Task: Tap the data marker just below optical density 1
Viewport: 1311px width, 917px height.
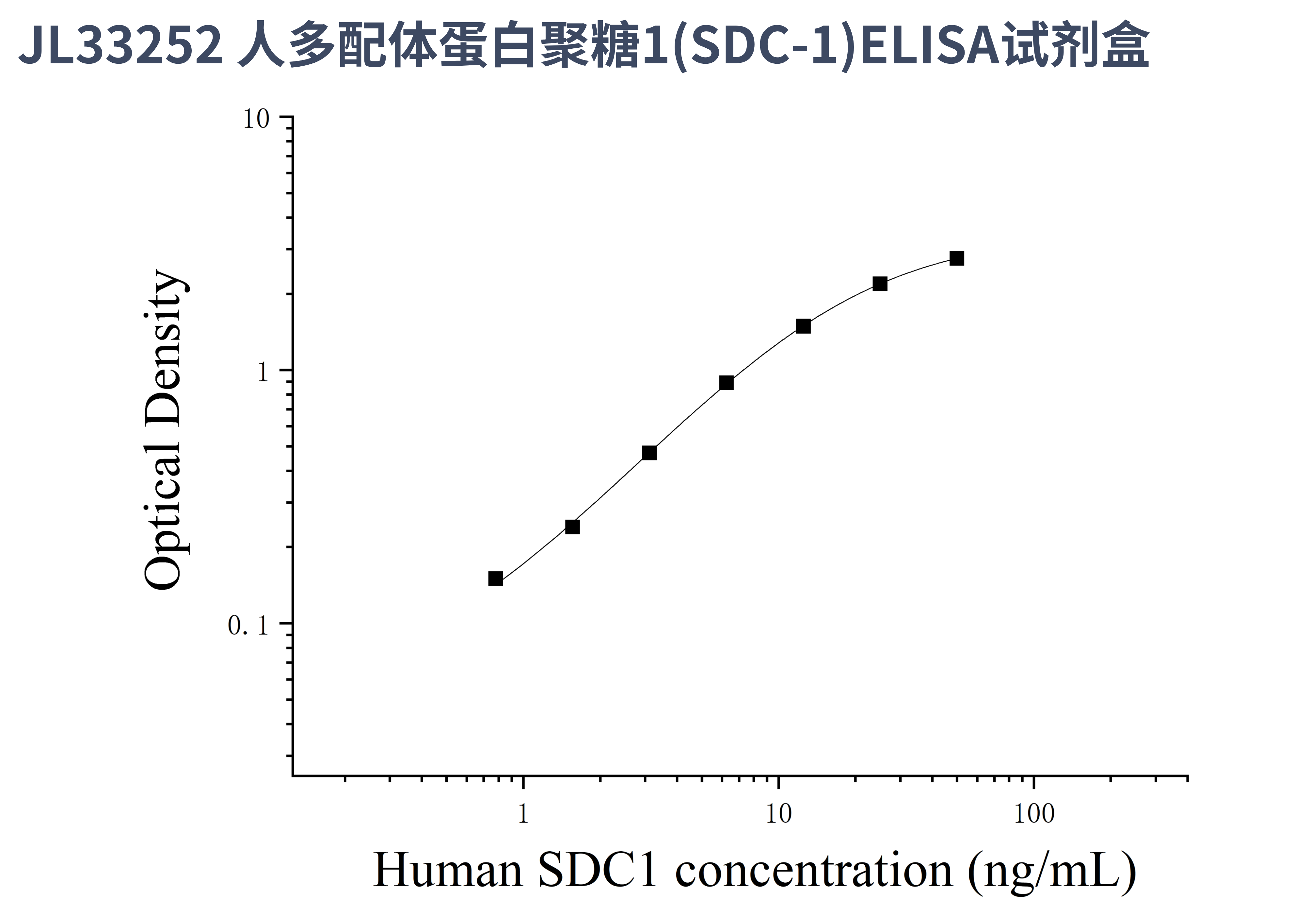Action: click(726, 383)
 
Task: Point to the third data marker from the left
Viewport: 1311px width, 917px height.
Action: click(649, 453)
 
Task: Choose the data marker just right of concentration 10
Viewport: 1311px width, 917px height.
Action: click(803, 326)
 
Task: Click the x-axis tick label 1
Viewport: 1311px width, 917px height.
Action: click(523, 814)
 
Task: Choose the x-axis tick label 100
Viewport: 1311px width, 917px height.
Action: click(1034, 814)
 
